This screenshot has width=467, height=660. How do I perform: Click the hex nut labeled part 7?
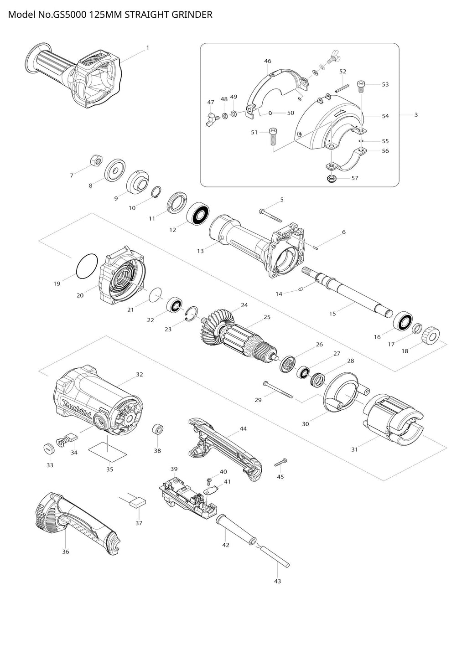[x=96, y=160]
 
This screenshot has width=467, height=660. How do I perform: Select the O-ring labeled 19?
[x=86, y=265]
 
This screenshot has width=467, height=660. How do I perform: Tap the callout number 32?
[x=140, y=374]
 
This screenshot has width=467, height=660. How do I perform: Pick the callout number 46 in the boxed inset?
[x=268, y=61]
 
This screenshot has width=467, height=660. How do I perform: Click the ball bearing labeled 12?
[x=197, y=213]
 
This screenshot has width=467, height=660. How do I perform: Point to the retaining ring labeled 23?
[x=192, y=314]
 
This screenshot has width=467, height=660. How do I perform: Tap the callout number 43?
[x=277, y=581]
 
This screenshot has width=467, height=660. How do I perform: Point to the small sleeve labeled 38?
[x=158, y=429]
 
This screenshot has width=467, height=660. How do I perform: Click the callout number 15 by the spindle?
[x=332, y=314]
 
